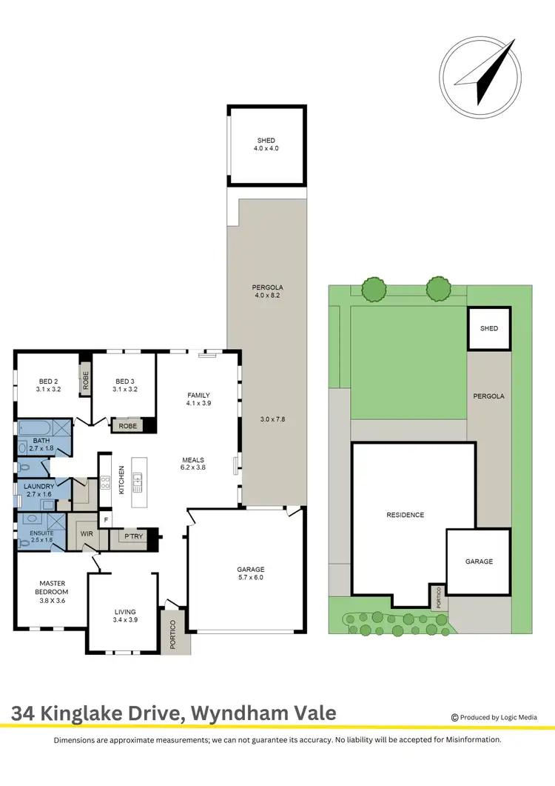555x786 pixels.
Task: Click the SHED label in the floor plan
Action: coord(266,144)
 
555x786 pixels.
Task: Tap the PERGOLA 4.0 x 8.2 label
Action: coord(266,291)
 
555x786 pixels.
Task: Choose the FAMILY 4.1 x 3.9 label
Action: coord(198,399)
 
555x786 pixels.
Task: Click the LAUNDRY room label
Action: coord(38,490)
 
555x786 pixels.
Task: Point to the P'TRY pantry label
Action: coord(133,536)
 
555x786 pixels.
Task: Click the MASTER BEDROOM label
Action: coord(52,587)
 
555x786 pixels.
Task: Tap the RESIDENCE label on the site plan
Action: coord(406,514)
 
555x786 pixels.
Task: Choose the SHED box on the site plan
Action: coord(489,328)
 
